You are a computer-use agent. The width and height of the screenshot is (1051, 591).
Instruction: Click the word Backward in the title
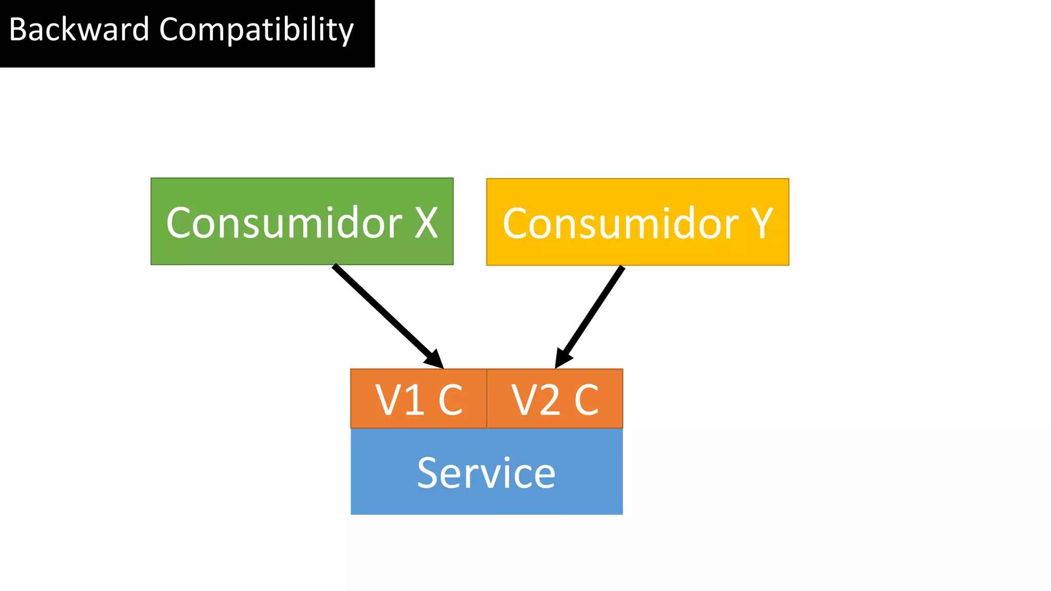tap(79, 30)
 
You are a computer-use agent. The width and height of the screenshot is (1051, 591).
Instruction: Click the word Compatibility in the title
tap(256, 30)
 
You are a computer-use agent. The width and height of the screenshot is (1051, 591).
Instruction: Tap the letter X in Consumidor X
tap(426, 223)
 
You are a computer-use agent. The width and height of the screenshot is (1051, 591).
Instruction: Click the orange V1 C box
tap(418, 398)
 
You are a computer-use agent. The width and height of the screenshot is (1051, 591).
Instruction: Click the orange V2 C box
tap(555, 398)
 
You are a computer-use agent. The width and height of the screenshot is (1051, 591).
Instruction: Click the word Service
tap(486, 473)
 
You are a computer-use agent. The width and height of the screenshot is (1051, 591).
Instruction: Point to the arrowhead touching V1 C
tap(435, 360)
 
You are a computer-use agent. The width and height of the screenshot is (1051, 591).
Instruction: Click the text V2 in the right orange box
tap(535, 400)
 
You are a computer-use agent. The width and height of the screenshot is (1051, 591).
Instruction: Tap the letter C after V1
tap(450, 400)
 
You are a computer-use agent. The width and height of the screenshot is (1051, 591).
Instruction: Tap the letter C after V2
tap(587, 400)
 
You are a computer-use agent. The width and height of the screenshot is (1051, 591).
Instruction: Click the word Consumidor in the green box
tap(284, 223)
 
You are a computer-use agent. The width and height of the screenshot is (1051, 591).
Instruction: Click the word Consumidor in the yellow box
tap(620, 224)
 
